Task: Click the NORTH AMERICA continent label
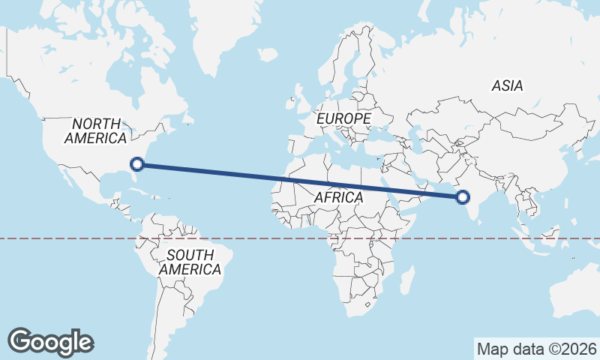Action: point(96,130)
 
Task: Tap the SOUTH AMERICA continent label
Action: point(190,262)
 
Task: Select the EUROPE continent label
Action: point(343,118)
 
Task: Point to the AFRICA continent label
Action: point(338,197)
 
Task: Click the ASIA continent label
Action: point(507,85)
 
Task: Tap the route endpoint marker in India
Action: point(463,197)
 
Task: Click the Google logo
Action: point(51,341)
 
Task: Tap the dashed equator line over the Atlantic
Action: point(255,238)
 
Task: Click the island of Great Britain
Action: point(297,94)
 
